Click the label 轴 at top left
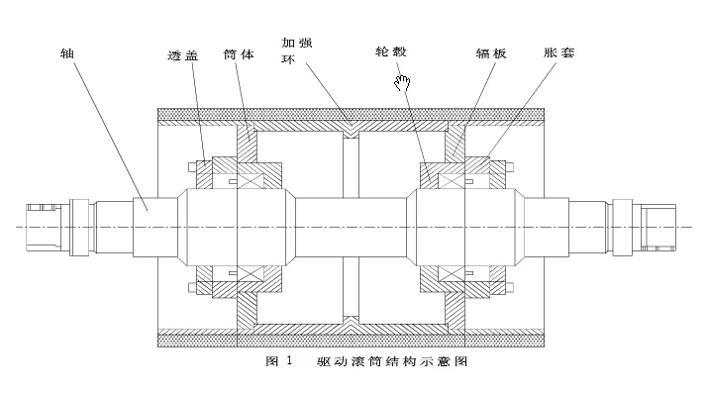coord(66,53)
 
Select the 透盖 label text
coord(183,55)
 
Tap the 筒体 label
coord(239,54)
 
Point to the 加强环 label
coord(297,50)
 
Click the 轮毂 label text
coord(391,51)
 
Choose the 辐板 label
coord(491,53)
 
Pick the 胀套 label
coord(559,52)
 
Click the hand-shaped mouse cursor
coord(402,82)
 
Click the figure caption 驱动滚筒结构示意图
coord(392,361)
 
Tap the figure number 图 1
coord(279,361)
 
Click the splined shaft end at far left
coord(44,227)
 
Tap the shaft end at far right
coord(658,227)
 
